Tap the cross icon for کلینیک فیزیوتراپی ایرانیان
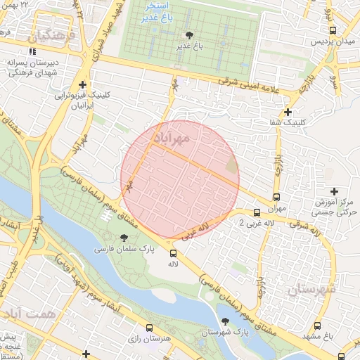pos(83,83)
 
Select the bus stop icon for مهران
pos(276,198)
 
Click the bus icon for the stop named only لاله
pos(173,253)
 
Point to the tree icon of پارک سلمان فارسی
pos(124,238)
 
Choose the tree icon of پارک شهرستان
pos(225,321)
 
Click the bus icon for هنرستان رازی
pos(149,328)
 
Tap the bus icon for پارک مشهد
pos(318,326)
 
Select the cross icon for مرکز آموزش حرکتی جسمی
pos(334,191)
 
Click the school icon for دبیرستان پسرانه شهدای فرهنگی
pos(32,51)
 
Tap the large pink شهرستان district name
pos(312,288)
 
